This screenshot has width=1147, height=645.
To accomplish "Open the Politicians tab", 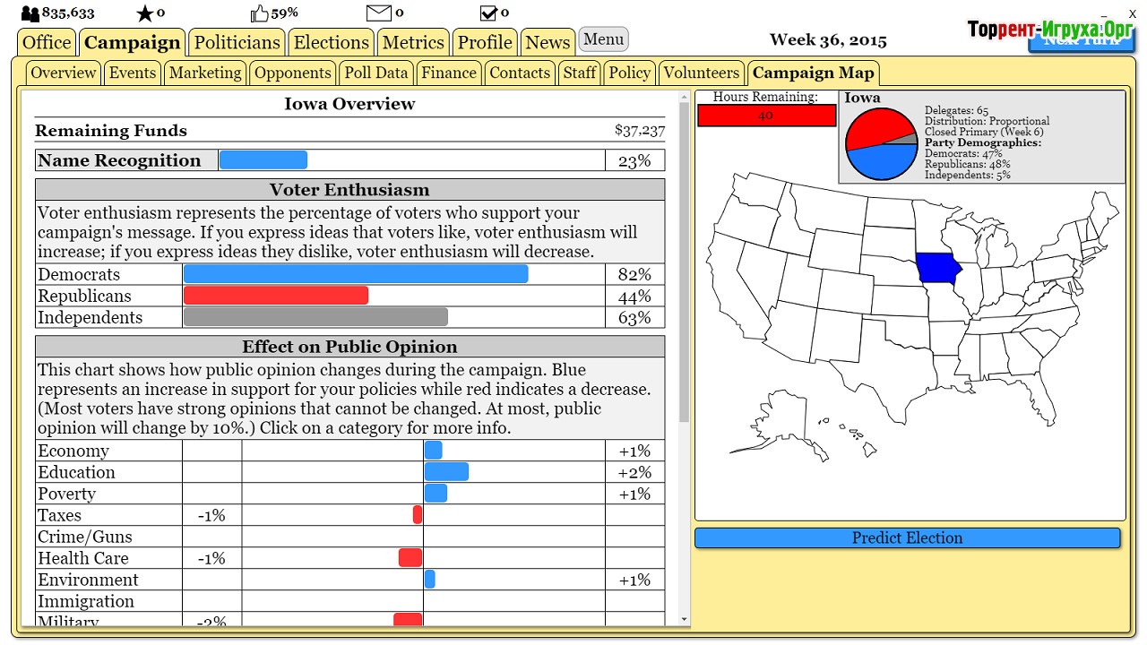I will (x=237, y=42).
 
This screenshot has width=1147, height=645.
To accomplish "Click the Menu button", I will (x=603, y=39).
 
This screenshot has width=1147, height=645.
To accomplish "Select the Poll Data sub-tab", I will (x=376, y=73).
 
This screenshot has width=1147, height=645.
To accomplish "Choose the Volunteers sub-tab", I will (x=702, y=73).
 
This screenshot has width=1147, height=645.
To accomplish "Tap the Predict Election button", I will (x=907, y=537).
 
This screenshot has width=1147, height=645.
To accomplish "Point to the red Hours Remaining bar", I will (x=766, y=116).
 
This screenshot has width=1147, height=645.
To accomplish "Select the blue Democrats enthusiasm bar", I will (x=356, y=274).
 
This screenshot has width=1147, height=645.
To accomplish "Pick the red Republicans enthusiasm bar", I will (x=276, y=296).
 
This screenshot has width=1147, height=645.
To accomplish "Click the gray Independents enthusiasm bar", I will (x=315, y=317).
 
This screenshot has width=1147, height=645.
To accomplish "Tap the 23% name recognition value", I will (x=634, y=160).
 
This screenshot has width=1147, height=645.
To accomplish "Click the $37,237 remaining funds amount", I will (x=640, y=131).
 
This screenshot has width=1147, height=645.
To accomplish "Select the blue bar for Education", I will (x=446, y=472).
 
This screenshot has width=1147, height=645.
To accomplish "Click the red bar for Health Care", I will (x=410, y=558).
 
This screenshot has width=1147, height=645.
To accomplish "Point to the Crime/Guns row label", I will (x=84, y=537).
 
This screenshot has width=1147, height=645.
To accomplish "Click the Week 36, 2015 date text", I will (x=828, y=40).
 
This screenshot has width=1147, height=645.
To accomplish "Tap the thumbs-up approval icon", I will (x=259, y=13).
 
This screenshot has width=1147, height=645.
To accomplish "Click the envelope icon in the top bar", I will (x=379, y=13).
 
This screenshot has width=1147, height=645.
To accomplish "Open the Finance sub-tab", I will (x=448, y=73).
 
